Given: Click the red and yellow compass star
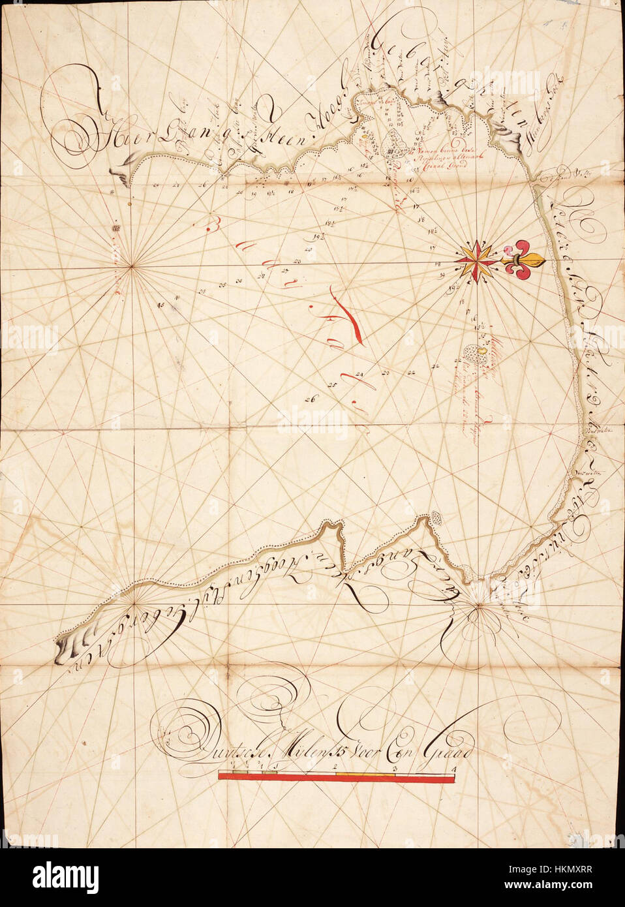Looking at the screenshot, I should [479, 260].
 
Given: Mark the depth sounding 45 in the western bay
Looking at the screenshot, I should [160, 305].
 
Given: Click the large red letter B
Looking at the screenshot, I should [211, 226].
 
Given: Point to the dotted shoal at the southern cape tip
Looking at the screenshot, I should [435, 518].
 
